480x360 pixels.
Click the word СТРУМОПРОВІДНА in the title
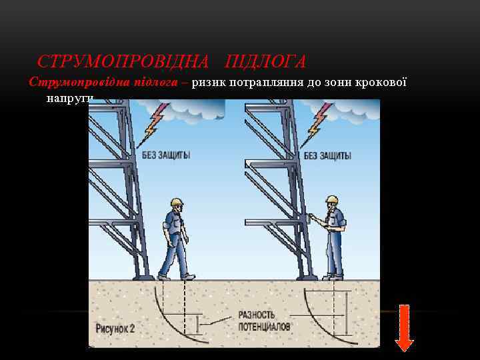coord(123,62)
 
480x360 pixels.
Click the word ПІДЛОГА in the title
coord(265,62)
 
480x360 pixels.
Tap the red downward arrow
coord(404,327)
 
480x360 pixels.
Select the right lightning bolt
coord(317,121)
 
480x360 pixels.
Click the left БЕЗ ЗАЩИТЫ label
coord(166,155)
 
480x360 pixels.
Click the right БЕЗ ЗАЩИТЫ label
coord(327,155)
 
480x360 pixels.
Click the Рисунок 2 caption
coord(115,327)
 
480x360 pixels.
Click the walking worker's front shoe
coord(188,277)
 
